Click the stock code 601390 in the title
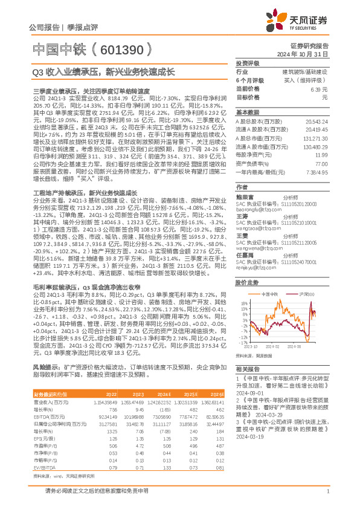pos(125,49)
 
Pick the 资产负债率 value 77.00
pos(321,164)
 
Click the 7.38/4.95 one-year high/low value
pos(318,172)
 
